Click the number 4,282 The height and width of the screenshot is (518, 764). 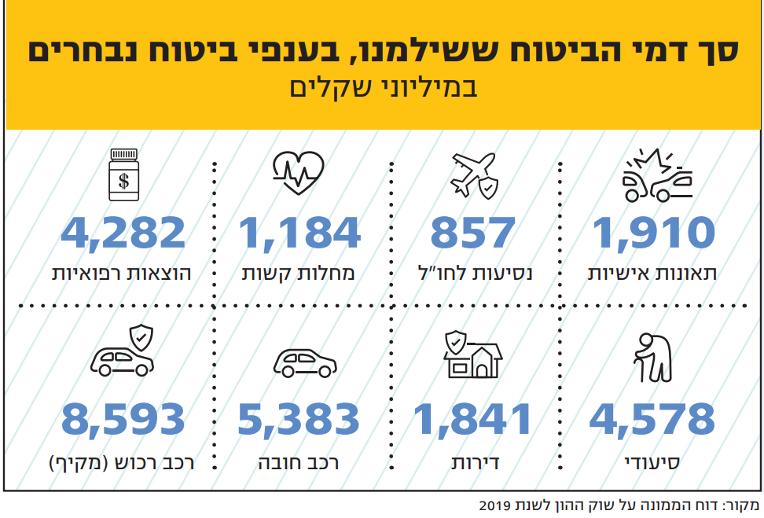(x=123, y=233)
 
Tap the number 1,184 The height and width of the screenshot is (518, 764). (x=299, y=233)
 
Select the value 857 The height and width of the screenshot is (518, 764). (x=473, y=233)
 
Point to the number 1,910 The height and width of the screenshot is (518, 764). (x=654, y=233)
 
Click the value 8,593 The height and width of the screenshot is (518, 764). (x=123, y=419)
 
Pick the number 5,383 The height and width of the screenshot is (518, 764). (x=299, y=419)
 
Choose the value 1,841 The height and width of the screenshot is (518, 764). (x=473, y=419)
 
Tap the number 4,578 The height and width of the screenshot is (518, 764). (x=652, y=419)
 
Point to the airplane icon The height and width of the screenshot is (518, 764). (x=474, y=175)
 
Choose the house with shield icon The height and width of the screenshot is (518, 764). (x=473, y=355)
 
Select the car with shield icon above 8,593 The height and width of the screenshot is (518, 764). (x=123, y=353)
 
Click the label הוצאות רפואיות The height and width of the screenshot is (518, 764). (x=121, y=274)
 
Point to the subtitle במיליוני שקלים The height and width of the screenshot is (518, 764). (x=382, y=86)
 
